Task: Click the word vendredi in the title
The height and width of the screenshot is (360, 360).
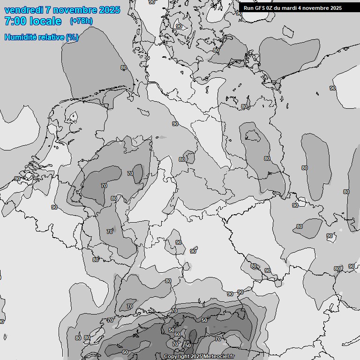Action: (x=23, y=10)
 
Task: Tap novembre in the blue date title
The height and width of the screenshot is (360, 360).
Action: (x=75, y=10)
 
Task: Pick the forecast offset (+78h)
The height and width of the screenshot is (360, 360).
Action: (x=82, y=21)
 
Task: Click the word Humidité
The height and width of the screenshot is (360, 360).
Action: (x=18, y=37)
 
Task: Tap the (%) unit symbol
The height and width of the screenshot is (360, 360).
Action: (x=72, y=37)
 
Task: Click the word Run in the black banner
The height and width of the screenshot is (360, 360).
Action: (x=249, y=8)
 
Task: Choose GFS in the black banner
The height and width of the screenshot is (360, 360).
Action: (x=261, y=8)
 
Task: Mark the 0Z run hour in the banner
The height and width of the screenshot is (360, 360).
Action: (x=271, y=8)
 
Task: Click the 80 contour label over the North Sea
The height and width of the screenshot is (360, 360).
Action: (x=124, y=67)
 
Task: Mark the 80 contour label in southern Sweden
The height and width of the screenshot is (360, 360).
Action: (x=216, y=50)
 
